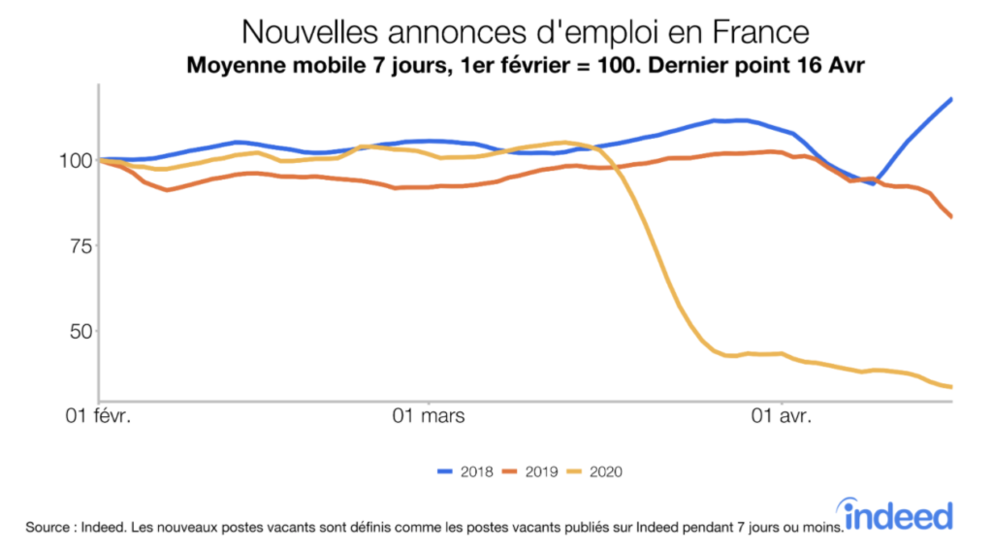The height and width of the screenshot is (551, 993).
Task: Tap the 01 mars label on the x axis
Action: click(427, 418)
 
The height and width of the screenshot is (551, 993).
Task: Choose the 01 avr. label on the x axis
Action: click(781, 418)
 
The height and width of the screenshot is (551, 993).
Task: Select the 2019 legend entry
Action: click(529, 471)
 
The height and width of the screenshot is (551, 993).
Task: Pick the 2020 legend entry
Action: click(593, 471)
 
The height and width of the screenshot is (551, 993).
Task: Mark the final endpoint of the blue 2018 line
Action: click(951, 99)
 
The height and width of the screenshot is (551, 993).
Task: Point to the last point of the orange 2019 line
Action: click(951, 216)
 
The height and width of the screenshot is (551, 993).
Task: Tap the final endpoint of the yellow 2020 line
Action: click(951, 387)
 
